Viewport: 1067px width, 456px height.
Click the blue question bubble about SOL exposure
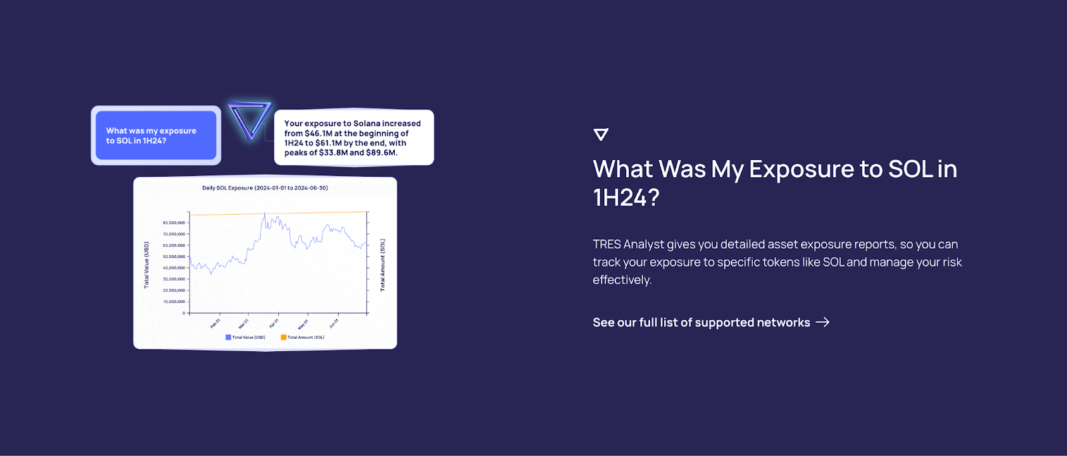(155, 135)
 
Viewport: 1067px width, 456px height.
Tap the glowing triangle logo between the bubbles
(250, 119)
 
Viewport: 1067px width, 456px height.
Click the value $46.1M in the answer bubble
(318, 133)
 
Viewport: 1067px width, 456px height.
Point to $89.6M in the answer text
(381, 153)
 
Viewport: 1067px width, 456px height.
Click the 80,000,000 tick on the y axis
(174, 223)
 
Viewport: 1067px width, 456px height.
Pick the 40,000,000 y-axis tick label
(174, 268)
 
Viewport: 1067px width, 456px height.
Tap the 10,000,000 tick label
(174, 302)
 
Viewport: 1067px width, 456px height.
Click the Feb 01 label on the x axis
(215, 323)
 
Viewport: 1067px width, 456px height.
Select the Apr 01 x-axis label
(273, 323)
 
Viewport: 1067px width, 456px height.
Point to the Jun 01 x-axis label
(333, 323)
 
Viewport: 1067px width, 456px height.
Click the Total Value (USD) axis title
(147, 265)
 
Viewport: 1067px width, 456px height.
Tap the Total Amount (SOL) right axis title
(383, 265)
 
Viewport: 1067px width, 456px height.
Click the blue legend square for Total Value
(228, 337)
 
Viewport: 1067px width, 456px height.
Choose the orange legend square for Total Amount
(283, 337)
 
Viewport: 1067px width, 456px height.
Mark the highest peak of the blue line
(265, 213)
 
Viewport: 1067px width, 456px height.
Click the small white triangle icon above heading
(601, 134)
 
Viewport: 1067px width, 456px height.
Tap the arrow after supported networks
(823, 322)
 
